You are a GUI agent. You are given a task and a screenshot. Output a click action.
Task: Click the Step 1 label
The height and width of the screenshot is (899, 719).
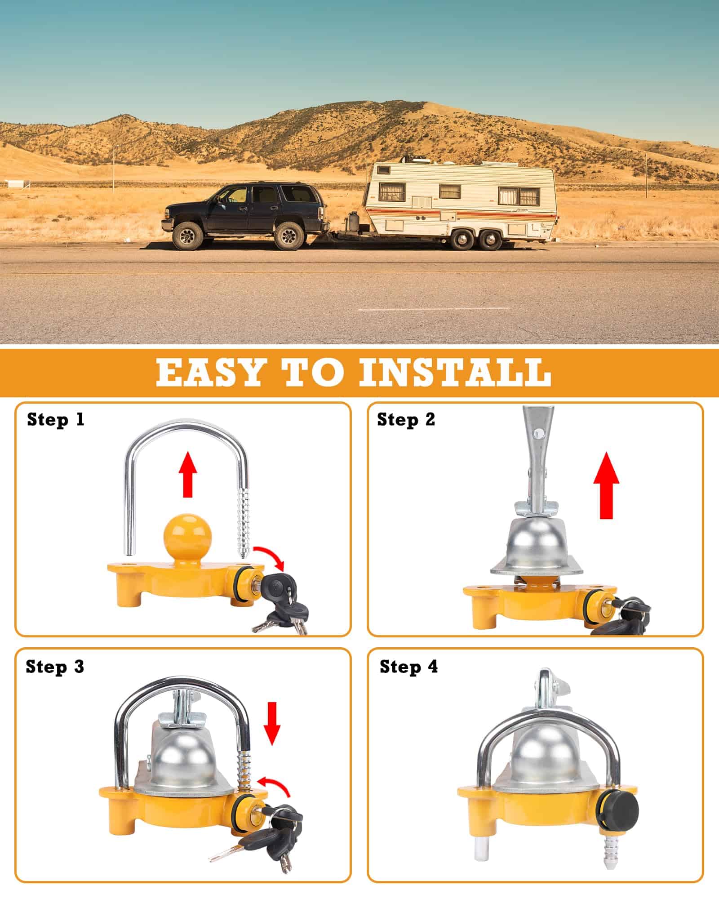[x=56, y=419]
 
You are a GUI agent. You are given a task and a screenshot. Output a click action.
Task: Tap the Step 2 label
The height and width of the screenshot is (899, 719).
[x=406, y=419]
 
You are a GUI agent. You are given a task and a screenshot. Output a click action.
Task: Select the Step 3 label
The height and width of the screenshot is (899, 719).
[x=55, y=666]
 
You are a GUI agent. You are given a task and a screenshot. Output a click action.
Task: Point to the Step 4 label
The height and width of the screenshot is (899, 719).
[x=408, y=666]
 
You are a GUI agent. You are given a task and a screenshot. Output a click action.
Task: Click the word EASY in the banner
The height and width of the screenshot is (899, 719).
[x=209, y=371]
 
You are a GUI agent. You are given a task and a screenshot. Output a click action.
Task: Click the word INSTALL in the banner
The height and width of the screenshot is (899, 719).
[x=454, y=371]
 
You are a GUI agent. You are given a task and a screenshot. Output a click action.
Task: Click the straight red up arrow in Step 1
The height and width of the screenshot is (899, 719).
[x=188, y=475]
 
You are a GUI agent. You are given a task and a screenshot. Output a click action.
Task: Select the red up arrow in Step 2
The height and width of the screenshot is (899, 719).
[x=606, y=485]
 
